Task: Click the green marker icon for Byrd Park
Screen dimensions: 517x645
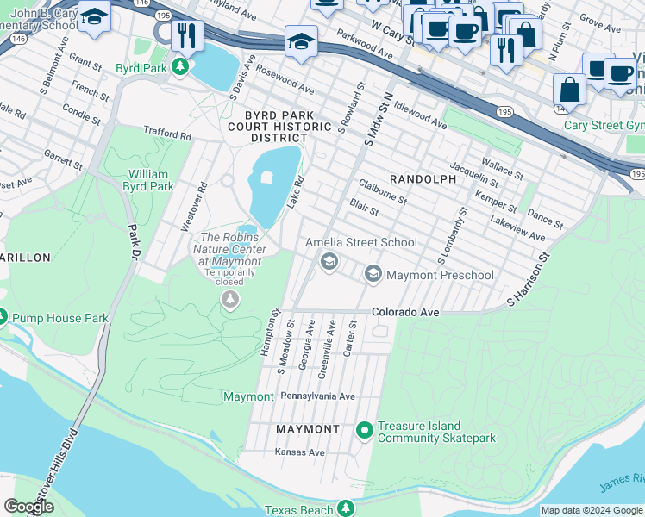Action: coord(180,66)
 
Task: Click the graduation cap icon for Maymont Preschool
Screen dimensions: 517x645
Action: coord(373,275)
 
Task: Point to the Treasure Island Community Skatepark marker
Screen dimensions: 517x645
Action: coord(364,429)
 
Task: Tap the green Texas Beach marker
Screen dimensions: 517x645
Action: coord(346,509)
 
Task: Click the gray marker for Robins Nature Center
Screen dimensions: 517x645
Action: coord(230,299)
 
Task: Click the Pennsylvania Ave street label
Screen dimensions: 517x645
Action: coord(317,396)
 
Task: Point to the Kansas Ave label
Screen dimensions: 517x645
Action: coord(299,452)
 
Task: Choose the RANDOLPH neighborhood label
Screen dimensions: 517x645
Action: coord(423,178)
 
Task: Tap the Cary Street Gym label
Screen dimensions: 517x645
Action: coord(604,125)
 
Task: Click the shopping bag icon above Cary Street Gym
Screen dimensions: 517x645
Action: coord(569,90)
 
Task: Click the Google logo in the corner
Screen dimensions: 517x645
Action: coord(28,507)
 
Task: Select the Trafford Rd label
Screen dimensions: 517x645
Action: coord(167,134)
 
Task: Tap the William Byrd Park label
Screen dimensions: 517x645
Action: coord(141,179)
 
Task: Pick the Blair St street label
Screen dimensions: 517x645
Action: coord(364,208)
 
